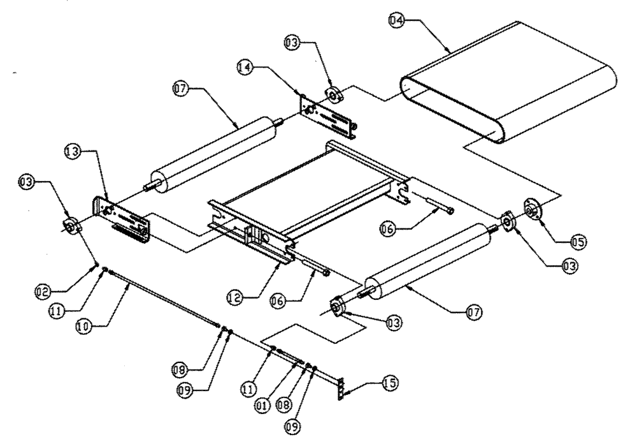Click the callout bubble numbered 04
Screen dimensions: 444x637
pyautogui.click(x=396, y=20)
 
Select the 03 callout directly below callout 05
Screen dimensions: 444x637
pyautogui.click(x=561, y=268)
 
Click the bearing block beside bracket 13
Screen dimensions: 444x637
pyautogui.click(x=70, y=225)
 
